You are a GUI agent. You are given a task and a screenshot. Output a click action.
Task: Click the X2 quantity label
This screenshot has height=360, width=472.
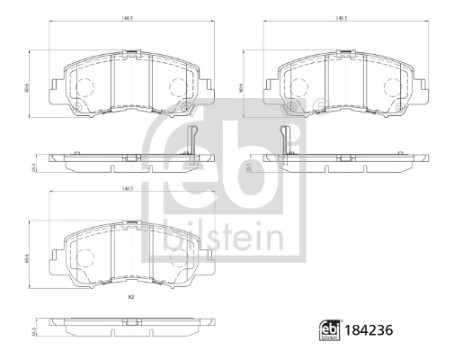tap(130, 297)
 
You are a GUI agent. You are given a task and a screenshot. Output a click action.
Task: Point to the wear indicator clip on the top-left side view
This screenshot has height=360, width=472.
tap(192, 140)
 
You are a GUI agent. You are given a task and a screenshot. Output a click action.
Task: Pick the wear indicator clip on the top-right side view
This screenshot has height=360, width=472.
tap(285, 140)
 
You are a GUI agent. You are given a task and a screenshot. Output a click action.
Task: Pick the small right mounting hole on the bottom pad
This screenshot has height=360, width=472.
tap(185, 280)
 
